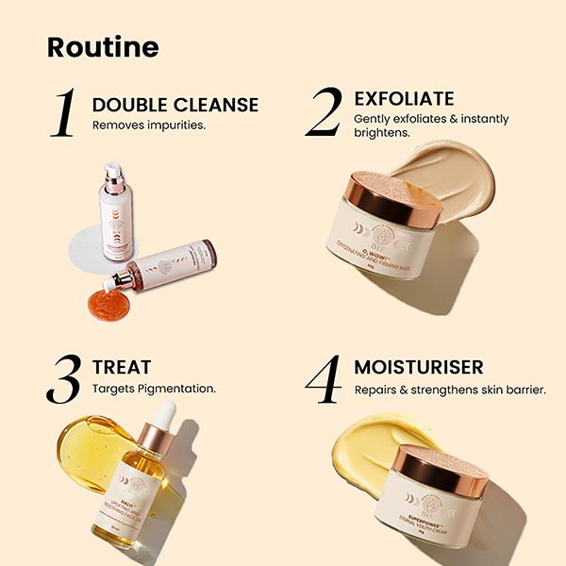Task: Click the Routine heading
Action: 103,47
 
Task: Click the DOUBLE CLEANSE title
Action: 175,104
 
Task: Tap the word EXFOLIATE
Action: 404,98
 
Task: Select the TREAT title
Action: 122,367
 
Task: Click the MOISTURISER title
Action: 419,366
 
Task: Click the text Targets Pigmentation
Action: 154,388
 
